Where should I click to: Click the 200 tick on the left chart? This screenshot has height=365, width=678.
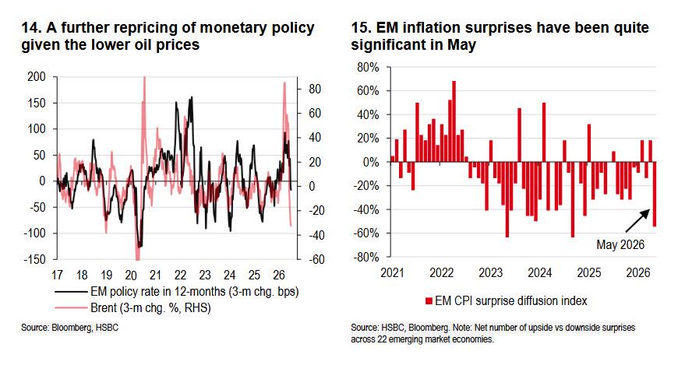pos(37,77)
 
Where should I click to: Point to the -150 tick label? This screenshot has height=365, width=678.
pos(34,259)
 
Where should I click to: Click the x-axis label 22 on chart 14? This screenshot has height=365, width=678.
pos(180,276)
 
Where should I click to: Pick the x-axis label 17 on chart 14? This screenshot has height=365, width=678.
pos(57,276)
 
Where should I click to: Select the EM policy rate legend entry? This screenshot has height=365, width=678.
pos(176,292)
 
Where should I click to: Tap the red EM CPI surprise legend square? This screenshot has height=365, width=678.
pos(429,301)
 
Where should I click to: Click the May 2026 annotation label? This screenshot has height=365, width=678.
pos(620,244)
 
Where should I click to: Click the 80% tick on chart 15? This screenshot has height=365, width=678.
pos(368,68)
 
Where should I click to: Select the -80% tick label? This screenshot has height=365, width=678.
pos(366,257)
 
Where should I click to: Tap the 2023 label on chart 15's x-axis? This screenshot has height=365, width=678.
pos(490,273)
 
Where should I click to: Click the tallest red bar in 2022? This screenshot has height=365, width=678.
pos(454,121)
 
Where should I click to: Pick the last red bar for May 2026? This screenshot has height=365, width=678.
pos(654,194)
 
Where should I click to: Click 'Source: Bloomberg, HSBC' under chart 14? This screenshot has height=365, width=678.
pos(69,328)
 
